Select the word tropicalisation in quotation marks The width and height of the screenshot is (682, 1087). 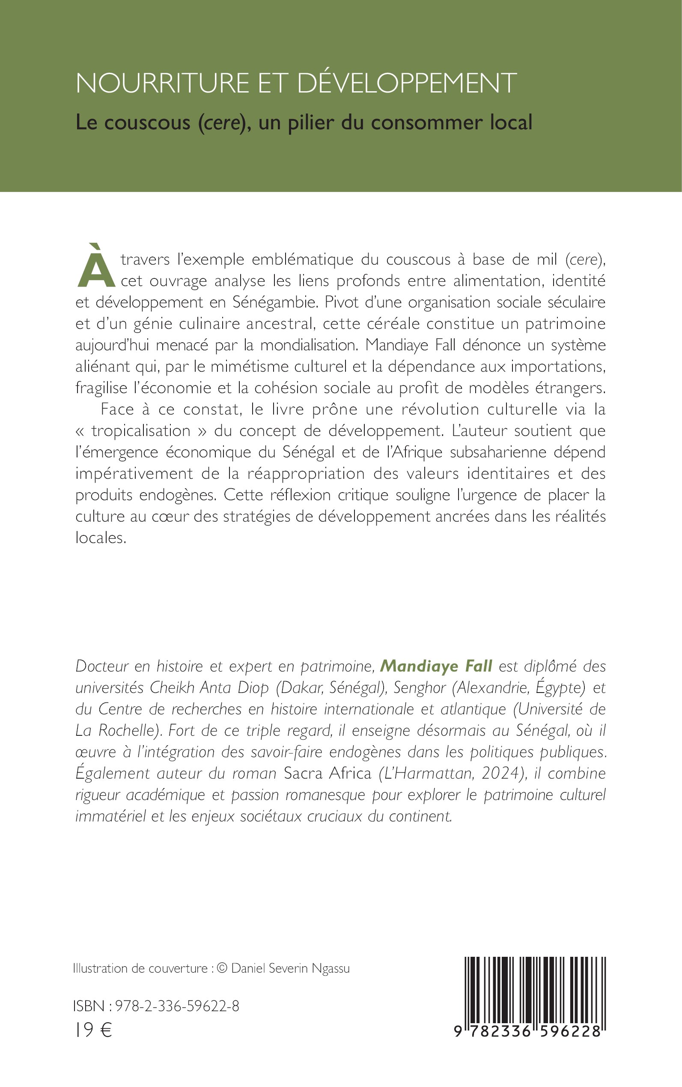point(141,431)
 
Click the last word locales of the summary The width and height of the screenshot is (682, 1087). point(100,538)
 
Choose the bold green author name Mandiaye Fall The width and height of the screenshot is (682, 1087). point(436,666)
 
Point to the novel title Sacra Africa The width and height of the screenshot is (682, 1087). point(327,773)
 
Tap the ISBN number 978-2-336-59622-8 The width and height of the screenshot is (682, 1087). point(177,1006)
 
